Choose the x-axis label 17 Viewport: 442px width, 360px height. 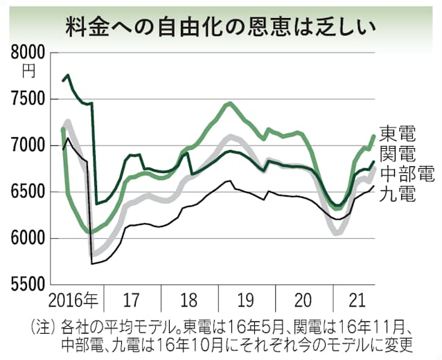[132, 301]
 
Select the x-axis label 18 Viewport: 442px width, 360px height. [189, 301]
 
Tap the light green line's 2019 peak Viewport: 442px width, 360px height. [229, 103]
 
